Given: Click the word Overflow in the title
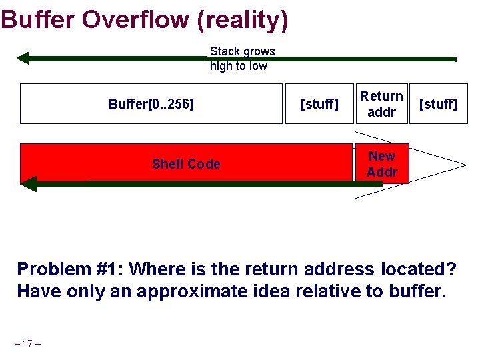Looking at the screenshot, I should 135,19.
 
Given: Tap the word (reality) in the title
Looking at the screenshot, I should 243,20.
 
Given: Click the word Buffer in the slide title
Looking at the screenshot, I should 39,19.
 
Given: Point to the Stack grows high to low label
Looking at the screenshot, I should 242,59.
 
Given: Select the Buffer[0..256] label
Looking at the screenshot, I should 151,104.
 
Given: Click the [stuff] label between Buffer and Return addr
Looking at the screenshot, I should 319,104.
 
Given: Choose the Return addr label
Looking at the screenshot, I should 381,104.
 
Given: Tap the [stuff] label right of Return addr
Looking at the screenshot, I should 438,104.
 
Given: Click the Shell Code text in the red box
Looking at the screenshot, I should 186,164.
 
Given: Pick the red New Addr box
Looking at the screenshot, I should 381,164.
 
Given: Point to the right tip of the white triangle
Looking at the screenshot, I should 465,164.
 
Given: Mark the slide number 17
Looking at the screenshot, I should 27,343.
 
